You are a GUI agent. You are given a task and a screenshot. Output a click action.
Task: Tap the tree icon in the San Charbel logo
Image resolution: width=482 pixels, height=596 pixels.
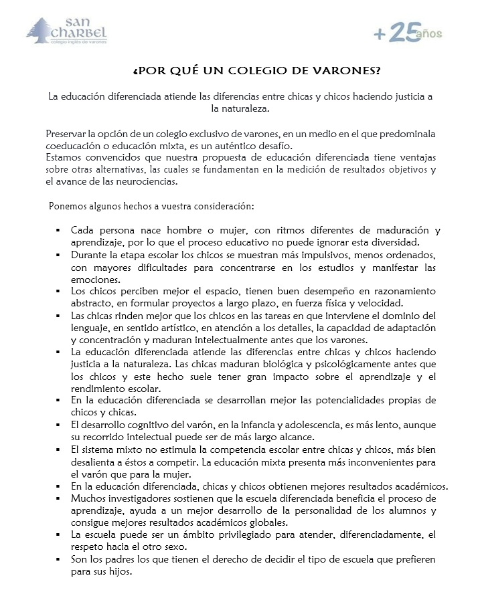pos(40,30)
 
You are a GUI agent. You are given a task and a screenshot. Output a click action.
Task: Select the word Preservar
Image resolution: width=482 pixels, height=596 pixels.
pos(68,135)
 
